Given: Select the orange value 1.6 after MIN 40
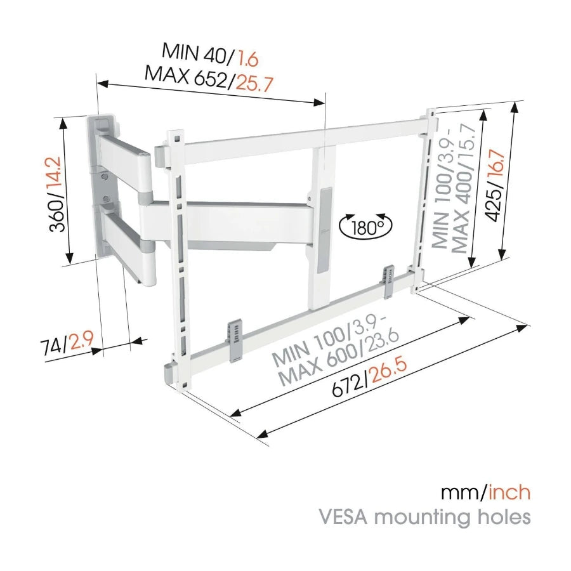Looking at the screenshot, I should click(248, 58).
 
